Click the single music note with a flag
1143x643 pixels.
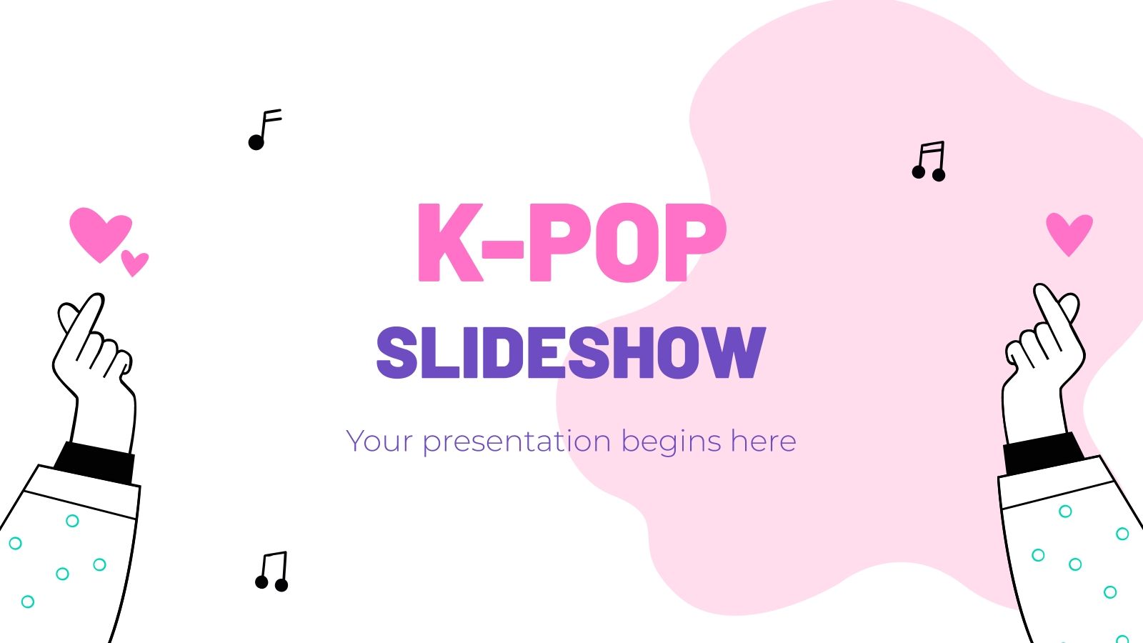(x=264, y=130)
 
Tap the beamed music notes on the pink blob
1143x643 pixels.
(x=929, y=161)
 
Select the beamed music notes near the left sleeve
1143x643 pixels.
(x=272, y=572)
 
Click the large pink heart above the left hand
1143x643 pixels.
(x=99, y=231)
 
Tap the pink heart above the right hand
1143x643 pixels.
(x=1069, y=232)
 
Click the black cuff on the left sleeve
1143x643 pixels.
(x=95, y=462)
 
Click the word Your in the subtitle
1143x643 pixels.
(x=379, y=442)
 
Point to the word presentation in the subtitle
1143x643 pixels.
(x=516, y=442)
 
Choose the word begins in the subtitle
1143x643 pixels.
(x=671, y=442)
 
